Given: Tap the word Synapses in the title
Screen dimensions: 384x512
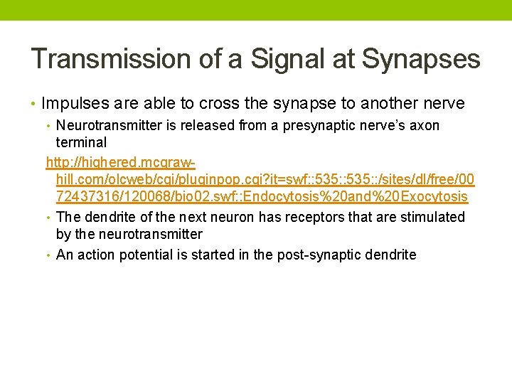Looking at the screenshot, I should click(x=421, y=59).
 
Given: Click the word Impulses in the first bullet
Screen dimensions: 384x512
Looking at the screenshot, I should click(x=74, y=104).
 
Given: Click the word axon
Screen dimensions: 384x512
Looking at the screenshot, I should click(x=424, y=126).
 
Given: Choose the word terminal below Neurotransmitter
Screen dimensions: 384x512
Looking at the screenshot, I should click(x=81, y=143).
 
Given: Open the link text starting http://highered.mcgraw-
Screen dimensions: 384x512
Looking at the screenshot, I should click(x=121, y=163).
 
